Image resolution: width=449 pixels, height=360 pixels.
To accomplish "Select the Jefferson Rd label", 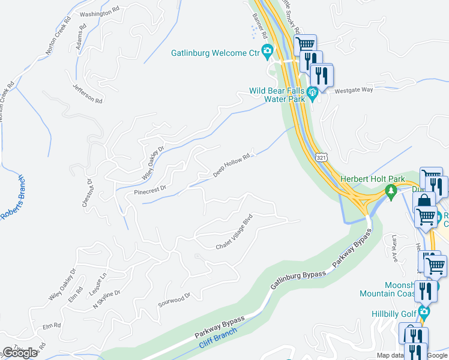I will (x=88, y=92).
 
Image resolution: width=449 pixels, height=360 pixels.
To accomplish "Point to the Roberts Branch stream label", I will (x=13, y=198).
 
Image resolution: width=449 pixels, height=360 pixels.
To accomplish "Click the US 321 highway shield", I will (x=322, y=157).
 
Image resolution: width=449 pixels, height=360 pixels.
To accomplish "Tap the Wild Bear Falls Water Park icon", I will (x=312, y=92).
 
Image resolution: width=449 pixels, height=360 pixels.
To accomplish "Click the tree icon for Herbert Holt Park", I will (x=391, y=191).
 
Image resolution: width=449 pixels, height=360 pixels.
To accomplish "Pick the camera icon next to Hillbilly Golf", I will (x=424, y=312).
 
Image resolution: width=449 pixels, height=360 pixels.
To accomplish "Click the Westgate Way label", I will (x=354, y=89).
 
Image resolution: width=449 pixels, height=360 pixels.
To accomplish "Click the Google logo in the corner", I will (x=20, y=353).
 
